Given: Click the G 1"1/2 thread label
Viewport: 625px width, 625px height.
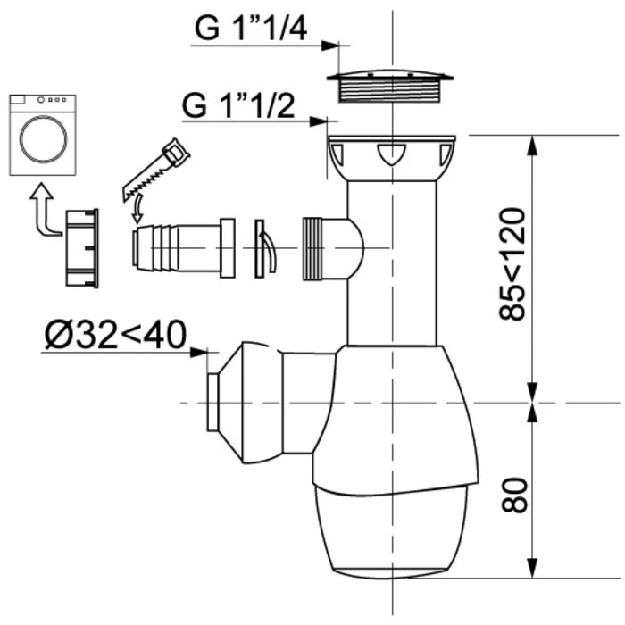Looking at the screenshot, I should tap(240, 104).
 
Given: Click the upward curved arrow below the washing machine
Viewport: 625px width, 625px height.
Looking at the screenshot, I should tap(39, 210).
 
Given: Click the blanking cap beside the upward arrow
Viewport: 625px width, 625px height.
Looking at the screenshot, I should tap(81, 247).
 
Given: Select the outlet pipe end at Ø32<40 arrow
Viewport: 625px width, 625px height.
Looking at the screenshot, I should tap(214, 403).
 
